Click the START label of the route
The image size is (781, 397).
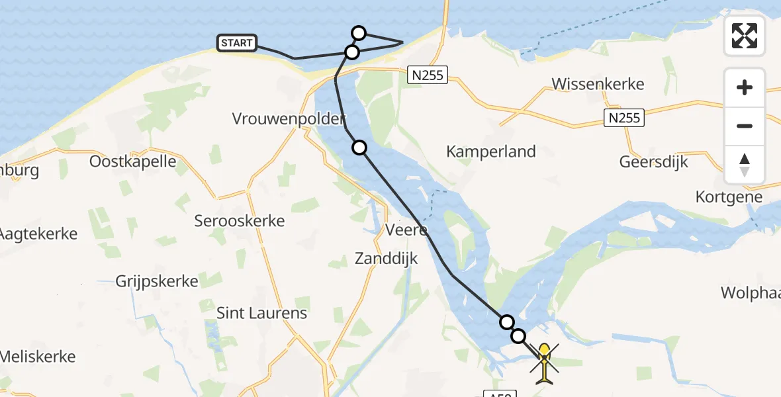[237, 44]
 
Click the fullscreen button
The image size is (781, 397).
[745, 36]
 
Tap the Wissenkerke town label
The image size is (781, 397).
[598, 85]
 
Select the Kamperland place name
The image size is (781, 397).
[491, 152]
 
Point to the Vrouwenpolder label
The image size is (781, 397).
[289, 119]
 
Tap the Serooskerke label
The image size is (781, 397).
[240, 221]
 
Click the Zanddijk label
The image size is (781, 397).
[387, 259]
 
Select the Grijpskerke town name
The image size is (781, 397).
[157, 282]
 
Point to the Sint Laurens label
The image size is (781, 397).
[262, 313]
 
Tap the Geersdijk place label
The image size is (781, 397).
[654, 162]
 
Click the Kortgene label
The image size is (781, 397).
[729, 197]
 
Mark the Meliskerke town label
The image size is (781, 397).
[38, 357]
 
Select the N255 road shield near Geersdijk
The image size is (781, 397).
[623, 118]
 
